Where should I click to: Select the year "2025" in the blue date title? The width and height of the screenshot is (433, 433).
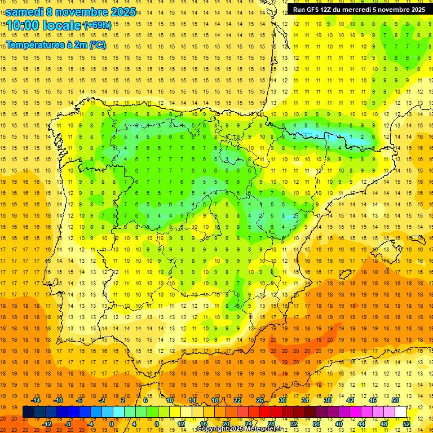tap(120, 12)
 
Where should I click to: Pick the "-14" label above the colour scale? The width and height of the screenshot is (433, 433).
tap(36, 400)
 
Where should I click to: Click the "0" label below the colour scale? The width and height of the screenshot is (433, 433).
tap(111, 424)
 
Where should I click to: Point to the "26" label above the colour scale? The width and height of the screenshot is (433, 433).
tap(260, 400)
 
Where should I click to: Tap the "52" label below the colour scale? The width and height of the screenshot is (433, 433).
tap(407, 424)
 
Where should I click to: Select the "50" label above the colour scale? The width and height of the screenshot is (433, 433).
tap(395, 400)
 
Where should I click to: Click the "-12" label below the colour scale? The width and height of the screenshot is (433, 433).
tap(47, 424)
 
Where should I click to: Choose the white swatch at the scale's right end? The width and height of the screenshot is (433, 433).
tap(401, 412)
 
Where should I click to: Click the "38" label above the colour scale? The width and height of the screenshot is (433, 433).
tap(328, 400)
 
